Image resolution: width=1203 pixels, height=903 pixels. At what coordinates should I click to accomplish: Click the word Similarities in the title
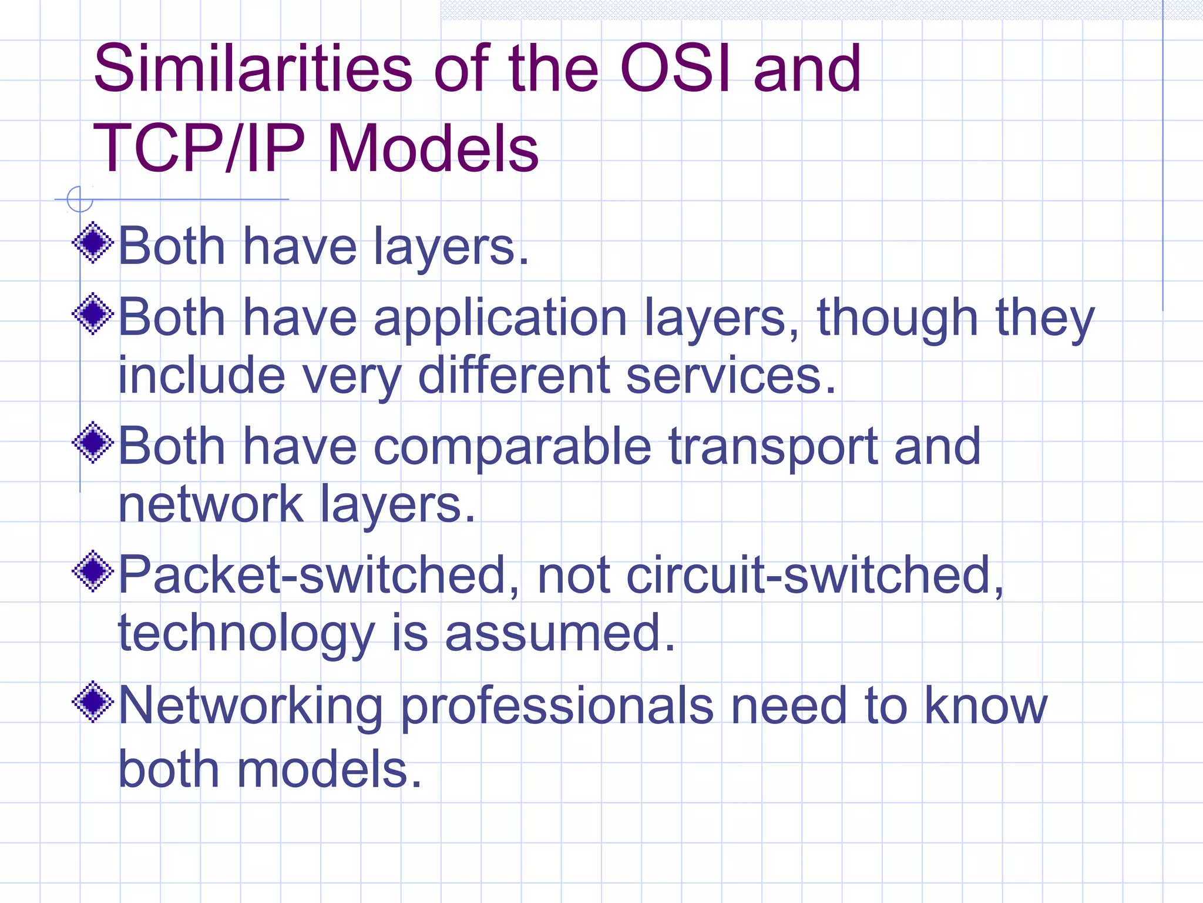253,69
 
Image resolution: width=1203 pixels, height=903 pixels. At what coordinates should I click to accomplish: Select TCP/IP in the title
199,148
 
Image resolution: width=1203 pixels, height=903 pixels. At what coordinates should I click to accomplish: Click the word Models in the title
432,148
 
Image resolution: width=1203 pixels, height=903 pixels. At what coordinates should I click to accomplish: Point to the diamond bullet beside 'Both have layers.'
93,242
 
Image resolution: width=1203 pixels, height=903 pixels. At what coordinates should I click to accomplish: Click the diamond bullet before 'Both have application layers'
93,313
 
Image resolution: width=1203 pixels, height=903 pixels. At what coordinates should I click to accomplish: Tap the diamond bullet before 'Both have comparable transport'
93,442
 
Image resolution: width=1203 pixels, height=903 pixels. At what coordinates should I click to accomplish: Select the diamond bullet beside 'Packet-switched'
93,571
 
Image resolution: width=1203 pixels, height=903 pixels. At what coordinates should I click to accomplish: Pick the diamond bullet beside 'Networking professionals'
93,701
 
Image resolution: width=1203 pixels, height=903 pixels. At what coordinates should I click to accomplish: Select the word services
730,376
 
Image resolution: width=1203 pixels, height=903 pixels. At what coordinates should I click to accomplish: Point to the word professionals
557,708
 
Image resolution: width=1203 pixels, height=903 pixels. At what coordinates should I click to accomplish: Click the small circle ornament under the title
80,199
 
